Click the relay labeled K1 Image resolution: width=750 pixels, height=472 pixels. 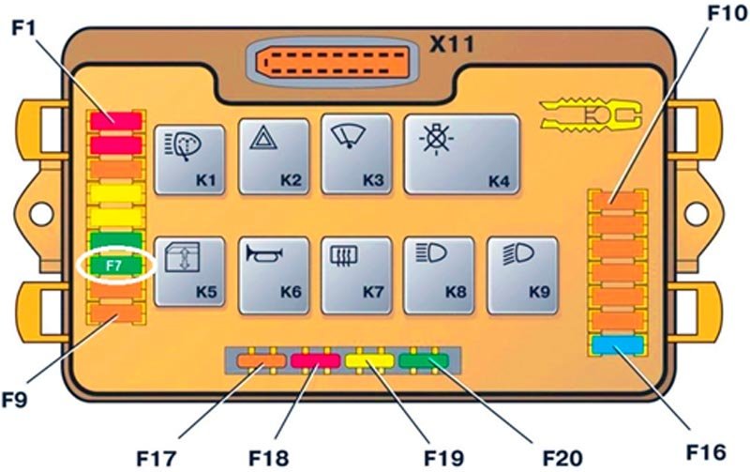(x=189, y=160)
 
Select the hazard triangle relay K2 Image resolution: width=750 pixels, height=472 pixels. (x=274, y=157)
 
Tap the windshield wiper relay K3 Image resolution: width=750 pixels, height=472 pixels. (x=356, y=154)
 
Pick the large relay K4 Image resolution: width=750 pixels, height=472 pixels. (x=462, y=154)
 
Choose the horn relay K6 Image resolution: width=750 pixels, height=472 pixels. (x=274, y=276)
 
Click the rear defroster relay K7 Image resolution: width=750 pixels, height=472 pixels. (x=356, y=276)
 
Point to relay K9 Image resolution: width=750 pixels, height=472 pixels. (x=522, y=276)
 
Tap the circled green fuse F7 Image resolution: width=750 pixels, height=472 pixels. (x=115, y=266)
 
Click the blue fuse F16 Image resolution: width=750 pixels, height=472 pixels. (x=618, y=345)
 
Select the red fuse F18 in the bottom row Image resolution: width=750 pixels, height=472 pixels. (x=316, y=360)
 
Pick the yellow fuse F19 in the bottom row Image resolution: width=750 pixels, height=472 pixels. (x=369, y=360)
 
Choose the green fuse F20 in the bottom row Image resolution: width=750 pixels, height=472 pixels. (x=424, y=360)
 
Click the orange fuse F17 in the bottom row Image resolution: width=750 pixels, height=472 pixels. (x=262, y=360)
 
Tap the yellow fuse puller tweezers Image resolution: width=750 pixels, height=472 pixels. (x=591, y=115)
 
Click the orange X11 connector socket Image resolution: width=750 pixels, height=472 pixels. (x=333, y=62)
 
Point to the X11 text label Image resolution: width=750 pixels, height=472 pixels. (x=452, y=44)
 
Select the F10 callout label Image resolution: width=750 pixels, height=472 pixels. (x=727, y=13)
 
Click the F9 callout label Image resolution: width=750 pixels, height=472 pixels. (x=14, y=399)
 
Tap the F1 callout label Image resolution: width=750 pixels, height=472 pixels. (x=23, y=28)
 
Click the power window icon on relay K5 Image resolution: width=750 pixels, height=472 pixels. (x=182, y=257)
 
